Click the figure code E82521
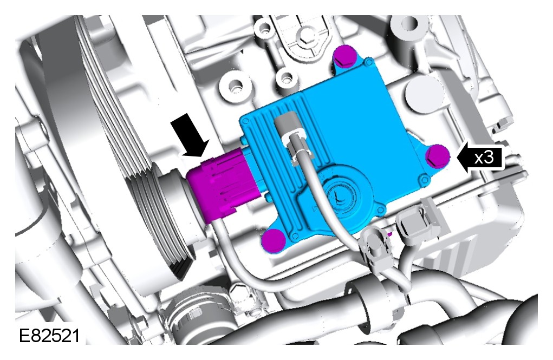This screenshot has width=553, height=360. [49, 336]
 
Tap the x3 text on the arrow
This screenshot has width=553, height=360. [484, 157]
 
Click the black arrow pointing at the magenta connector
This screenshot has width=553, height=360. [191, 137]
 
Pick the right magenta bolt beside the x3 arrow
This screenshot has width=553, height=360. [438, 156]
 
